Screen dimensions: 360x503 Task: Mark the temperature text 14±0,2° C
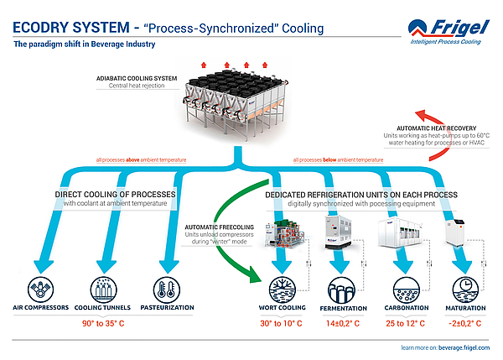pyautogui.click(x=345, y=322)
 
